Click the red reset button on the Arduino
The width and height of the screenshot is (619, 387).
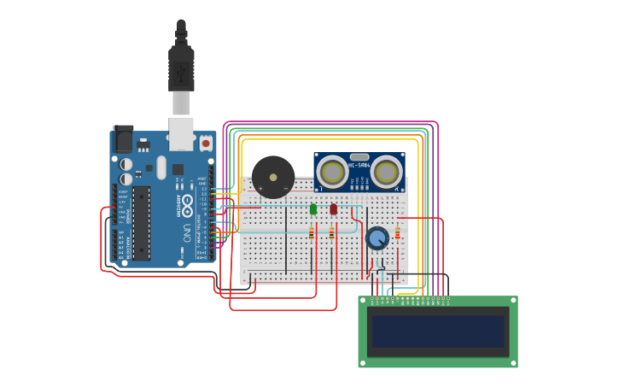205,144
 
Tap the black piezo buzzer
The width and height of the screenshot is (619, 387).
273,178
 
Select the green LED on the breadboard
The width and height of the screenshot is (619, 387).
313,209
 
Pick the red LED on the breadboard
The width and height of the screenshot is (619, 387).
334,209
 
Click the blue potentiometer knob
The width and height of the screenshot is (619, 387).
377,238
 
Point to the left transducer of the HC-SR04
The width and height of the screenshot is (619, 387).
332,173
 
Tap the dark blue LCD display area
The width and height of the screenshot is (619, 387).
438,331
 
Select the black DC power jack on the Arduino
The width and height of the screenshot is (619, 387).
123,139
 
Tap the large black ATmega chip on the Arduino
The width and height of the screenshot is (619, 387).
141,223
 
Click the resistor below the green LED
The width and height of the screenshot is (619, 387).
312,232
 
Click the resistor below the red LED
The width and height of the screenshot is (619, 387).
332,232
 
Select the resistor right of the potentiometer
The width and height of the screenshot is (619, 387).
397,233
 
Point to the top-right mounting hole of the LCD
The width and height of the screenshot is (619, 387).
512,301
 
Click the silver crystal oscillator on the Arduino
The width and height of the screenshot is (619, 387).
161,167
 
